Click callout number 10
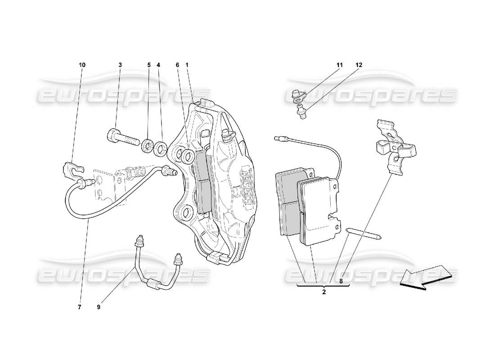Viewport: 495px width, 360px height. tap(82, 65)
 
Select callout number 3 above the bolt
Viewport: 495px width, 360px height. tap(120, 65)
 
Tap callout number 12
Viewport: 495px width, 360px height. tap(359, 65)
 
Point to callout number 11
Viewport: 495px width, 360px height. tap(339, 65)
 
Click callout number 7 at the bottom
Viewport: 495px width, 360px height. tap(79, 307)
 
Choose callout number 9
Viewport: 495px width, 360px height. tap(99, 307)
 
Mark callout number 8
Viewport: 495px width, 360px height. tap(341, 281)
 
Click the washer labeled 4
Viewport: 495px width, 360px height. tap(161, 149)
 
